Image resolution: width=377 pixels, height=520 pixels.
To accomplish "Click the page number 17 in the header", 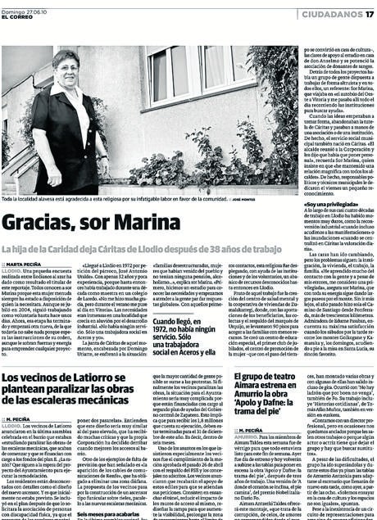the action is (369, 14).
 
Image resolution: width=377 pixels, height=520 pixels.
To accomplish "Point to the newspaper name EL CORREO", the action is (18, 19).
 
